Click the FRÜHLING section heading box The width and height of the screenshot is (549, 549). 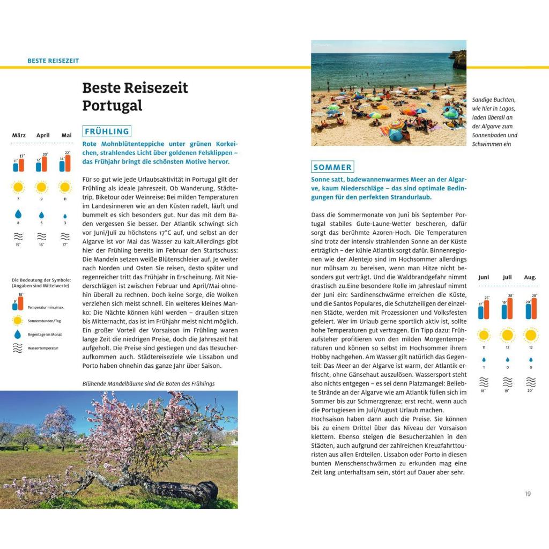click(107, 131)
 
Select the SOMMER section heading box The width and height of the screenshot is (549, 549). click(332, 167)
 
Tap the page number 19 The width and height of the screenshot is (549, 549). click(528, 494)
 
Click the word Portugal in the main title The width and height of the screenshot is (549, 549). click(112, 106)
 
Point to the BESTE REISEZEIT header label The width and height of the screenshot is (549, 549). click(53, 61)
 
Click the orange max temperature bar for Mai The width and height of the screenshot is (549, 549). click(67, 163)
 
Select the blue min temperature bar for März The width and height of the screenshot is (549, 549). click(16, 166)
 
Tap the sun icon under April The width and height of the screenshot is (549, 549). click(41, 187)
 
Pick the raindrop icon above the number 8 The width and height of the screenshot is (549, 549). click(18, 214)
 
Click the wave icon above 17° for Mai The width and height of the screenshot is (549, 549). click(65, 236)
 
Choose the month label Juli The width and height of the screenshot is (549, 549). click(507, 277)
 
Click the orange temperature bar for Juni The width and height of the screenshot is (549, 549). click(487, 309)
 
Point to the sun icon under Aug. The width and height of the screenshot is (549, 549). click(531, 336)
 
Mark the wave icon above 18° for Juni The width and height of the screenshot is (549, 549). click(484, 382)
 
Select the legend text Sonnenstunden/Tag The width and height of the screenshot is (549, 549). click(44, 321)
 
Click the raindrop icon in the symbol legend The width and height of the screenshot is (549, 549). click(18, 334)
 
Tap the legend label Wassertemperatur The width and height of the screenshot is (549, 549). click(43, 348)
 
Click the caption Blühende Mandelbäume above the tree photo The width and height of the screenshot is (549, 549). click(148, 383)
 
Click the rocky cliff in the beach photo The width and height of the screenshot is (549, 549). click(459, 58)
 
